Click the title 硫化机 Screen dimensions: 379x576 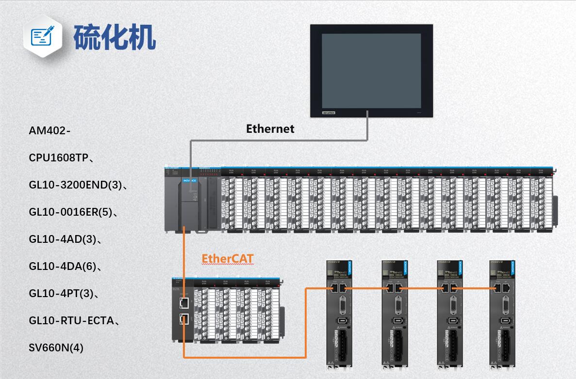115,37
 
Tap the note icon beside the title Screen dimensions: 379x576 43,37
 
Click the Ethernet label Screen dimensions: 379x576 270,129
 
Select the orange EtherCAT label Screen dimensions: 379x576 228,258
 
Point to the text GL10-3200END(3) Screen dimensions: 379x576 75,185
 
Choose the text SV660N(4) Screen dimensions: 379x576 56,347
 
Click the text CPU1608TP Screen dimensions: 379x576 58,158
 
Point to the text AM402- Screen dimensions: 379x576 50,131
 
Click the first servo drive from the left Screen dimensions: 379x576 340,315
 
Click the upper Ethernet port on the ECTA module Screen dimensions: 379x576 184,303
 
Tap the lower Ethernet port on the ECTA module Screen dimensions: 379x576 184,319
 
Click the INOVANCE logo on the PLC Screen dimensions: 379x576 190,181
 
